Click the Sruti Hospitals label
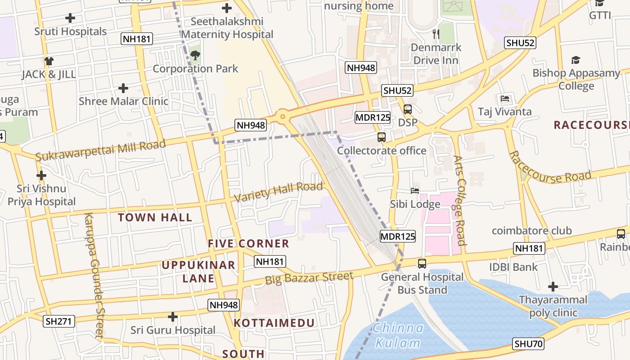[x=71, y=31]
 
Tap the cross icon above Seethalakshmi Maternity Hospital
[x=227, y=8]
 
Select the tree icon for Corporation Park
[x=195, y=55]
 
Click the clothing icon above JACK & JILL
[x=49, y=61]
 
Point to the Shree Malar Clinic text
[x=123, y=101]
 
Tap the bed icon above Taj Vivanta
[x=505, y=99]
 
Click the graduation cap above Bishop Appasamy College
[x=576, y=60]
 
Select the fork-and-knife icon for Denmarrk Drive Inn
[x=435, y=34]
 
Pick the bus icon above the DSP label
[x=408, y=109]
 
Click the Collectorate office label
[x=382, y=151]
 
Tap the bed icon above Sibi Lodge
[x=415, y=191]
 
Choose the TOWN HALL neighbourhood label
[x=155, y=218]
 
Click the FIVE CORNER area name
[x=248, y=244]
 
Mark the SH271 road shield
[x=59, y=321]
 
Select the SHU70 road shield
[x=529, y=344]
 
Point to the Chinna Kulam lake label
[x=398, y=336]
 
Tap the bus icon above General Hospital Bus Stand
[x=422, y=264]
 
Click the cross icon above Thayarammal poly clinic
[x=553, y=287]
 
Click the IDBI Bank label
[x=513, y=267]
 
